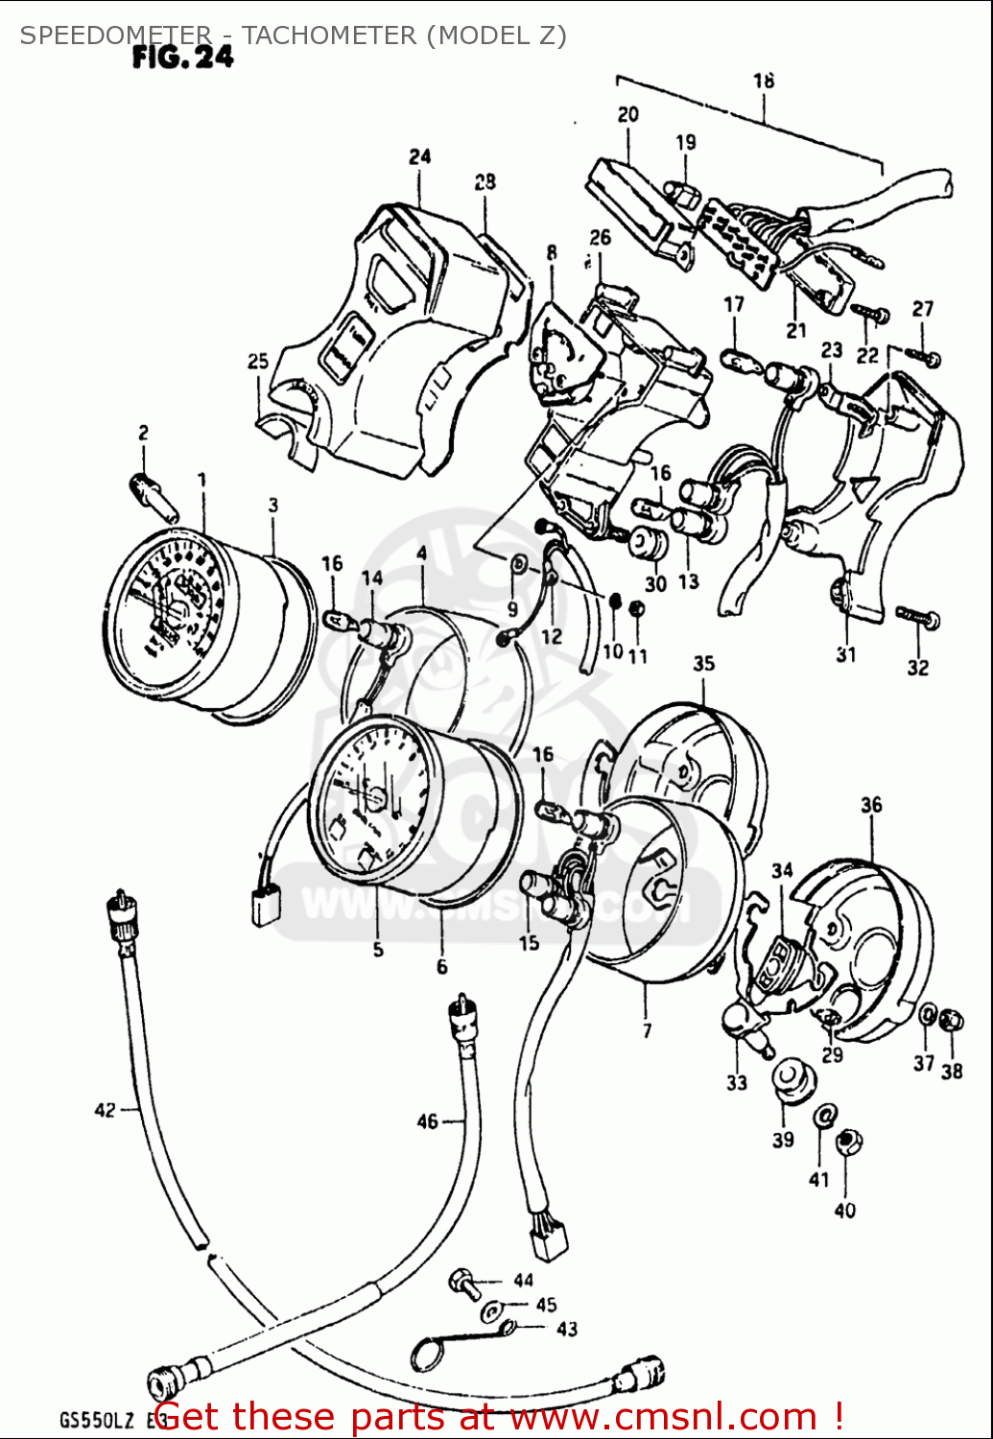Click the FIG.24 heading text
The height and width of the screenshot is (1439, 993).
coord(182,58)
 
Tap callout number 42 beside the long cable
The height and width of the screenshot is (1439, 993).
coord(105,1110)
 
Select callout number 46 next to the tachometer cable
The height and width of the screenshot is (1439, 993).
coord(427,1121)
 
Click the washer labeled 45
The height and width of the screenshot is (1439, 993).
coord(490,1309)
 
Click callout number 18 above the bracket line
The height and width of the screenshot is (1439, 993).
coord(764,81)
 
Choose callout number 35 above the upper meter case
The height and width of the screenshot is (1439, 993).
coord(704,663)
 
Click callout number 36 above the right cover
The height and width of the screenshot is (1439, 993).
coord(871,805)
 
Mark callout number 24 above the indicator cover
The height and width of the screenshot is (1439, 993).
coord(419,155)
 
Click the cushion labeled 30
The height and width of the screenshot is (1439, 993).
coord(649,543)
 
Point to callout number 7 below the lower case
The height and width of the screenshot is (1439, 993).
coord(648,1030)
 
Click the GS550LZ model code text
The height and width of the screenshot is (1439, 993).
coord(94,1421)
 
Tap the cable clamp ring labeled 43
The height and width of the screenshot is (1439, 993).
coord(428,1354)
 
